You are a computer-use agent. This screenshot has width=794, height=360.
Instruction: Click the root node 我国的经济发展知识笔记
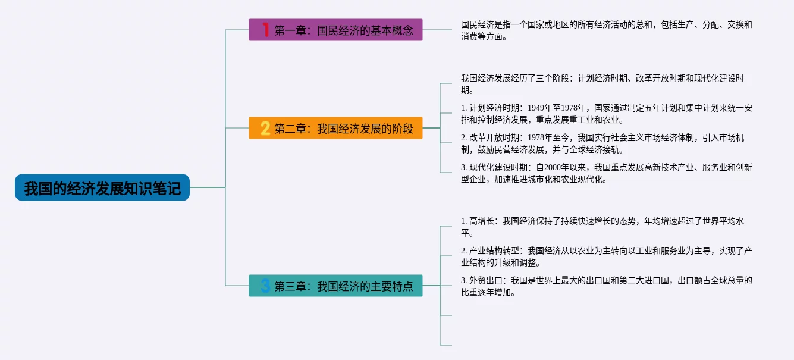tap(102, 188)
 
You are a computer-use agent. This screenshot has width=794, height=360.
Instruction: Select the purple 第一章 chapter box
tap(335, 30)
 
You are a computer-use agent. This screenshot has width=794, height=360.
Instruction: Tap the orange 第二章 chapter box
tap(335, 128)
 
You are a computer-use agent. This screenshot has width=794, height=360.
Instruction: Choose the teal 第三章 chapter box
tap(335, 286)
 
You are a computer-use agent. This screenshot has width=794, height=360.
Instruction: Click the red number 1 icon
tap(265, 30)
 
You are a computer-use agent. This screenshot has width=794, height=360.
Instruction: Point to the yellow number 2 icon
tap(265, 128)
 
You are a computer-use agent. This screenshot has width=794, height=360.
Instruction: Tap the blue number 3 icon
tap(265, 286)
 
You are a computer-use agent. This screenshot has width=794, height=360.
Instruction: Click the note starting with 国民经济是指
tap(607, 31)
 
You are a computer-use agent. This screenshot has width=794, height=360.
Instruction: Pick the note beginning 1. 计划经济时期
tap(607, 114)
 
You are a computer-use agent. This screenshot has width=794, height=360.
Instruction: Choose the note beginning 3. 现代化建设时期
tap(607, 173)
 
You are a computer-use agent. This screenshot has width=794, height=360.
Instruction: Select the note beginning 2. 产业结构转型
tap(607, 256)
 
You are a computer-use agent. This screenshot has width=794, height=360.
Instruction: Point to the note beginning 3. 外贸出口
tap(607, 286)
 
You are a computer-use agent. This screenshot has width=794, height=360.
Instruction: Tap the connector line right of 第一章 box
tap(437, 30)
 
